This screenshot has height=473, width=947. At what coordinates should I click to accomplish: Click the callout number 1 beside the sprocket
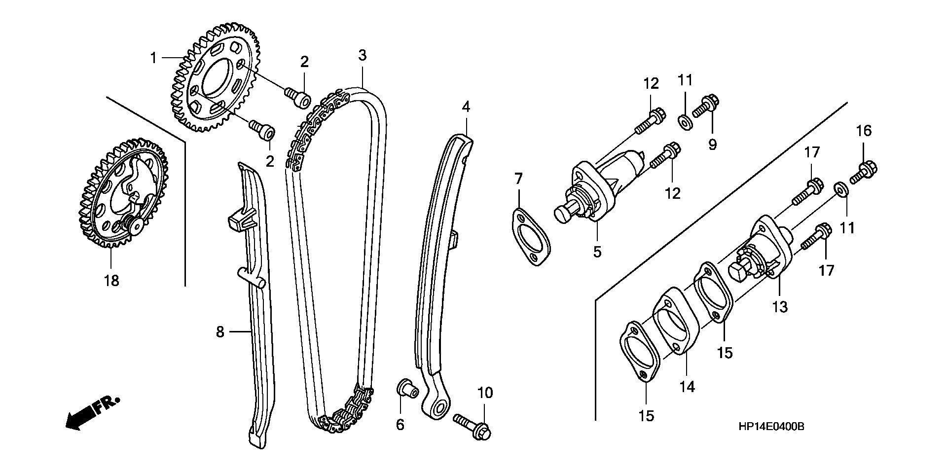tap(153, 59)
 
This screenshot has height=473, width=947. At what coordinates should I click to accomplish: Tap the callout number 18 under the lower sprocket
tap(111, 281)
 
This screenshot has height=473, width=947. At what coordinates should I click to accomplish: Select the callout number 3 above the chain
tap(363, 55)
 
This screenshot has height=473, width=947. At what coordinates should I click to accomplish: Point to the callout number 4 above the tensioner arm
tap(466, 106)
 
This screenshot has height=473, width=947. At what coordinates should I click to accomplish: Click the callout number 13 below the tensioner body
tap(780, 307)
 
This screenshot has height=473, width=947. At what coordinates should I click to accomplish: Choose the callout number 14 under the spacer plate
tap(687, 387)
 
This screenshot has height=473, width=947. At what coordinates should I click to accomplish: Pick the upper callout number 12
tap(651, 84)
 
